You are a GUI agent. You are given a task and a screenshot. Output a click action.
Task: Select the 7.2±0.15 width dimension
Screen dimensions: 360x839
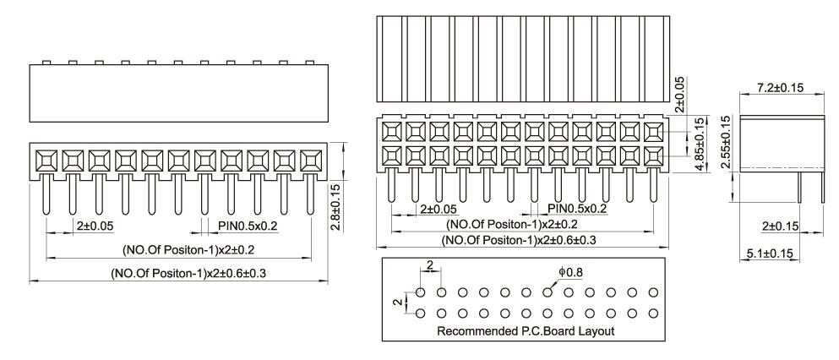point(782,89)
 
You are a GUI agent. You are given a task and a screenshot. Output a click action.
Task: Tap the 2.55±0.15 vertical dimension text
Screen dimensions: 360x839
point(725,143)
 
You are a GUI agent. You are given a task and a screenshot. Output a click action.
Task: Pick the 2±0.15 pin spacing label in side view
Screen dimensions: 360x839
point(780,227)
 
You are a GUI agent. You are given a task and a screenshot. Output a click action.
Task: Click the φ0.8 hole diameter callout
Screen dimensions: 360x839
point(570,273)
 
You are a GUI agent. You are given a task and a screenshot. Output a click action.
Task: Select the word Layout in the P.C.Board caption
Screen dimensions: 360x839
point(595,331)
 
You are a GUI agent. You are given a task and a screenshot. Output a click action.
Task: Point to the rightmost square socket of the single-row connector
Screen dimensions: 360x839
point(311,158)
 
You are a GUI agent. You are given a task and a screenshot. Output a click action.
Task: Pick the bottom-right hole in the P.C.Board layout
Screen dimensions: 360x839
point(653,314)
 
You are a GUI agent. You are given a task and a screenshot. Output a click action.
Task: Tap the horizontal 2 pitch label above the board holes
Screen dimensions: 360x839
point(431,265)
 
